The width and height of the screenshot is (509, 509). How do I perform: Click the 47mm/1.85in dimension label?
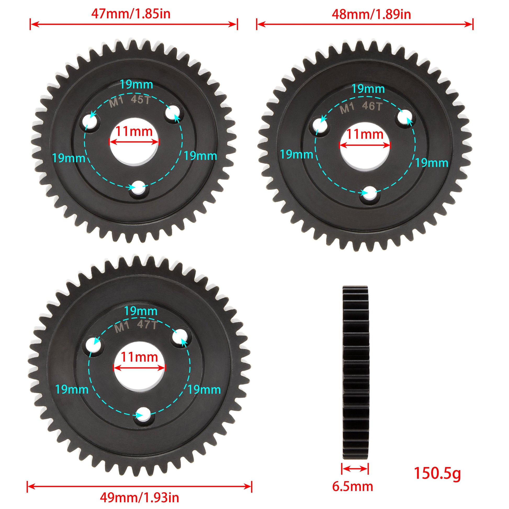(x=131, y=14)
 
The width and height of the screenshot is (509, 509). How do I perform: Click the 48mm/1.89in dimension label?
(x=371, y=14)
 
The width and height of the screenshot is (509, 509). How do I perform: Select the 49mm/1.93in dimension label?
(x=139, y=497)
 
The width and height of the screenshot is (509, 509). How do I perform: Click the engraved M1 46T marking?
(x=361, y=107)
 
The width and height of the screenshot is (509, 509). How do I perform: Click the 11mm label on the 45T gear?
(x=134, y=131)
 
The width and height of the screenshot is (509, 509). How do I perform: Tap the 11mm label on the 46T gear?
(x=365, y=134)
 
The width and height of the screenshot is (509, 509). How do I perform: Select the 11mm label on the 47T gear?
(x=139, y=357)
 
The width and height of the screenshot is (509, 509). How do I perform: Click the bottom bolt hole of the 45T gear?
(x=139, y=188)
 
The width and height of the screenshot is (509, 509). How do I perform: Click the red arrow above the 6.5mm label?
(x=355, y=468)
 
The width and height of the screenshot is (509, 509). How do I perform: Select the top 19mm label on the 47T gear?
(x=141, y=311)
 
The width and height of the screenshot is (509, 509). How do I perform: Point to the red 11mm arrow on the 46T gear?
(x=365, y=145)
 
